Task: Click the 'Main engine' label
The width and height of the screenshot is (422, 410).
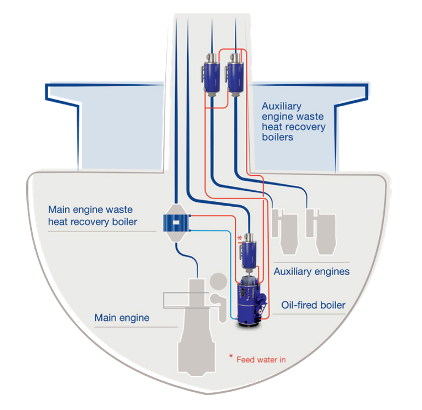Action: click(x=122, y=317)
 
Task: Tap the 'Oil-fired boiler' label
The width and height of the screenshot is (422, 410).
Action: click(x=313, y=304)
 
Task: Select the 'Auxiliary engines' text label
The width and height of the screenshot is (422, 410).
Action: click(x=311, y=271)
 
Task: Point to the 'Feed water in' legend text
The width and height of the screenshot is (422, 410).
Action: click(x=261, y=359)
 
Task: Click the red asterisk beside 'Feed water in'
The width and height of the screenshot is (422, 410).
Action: click(x=231, y=357)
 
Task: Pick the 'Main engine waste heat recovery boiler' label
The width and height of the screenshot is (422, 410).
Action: click(x=92, y=216)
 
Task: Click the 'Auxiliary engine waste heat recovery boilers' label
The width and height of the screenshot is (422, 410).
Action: click(x=293, y=121)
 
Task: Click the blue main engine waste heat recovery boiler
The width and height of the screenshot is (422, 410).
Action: click(x=177, y=223)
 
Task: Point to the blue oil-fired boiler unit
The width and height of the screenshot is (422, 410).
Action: click(x=251, y=302)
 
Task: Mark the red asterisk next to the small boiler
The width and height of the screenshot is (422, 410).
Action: click(x=240, y=238)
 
